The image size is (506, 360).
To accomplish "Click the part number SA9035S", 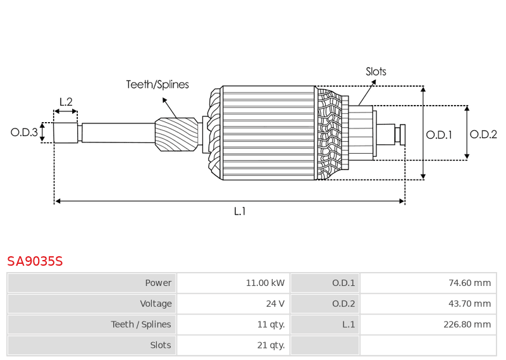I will pos(35,261).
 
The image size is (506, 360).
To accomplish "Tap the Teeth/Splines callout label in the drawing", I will pos(157,84).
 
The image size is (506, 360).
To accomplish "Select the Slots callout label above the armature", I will pos(376,71).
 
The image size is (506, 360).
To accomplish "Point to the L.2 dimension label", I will pos(66,101).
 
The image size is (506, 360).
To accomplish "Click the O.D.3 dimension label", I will pos(24,132).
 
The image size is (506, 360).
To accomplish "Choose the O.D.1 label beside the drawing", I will pos(439,134).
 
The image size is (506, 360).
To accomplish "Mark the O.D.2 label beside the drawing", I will pos(483,134).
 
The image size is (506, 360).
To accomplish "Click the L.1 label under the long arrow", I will pos(240,211).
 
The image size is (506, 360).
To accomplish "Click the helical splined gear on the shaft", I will pos(176,134).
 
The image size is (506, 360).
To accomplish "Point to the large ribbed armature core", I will pos(269,133).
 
